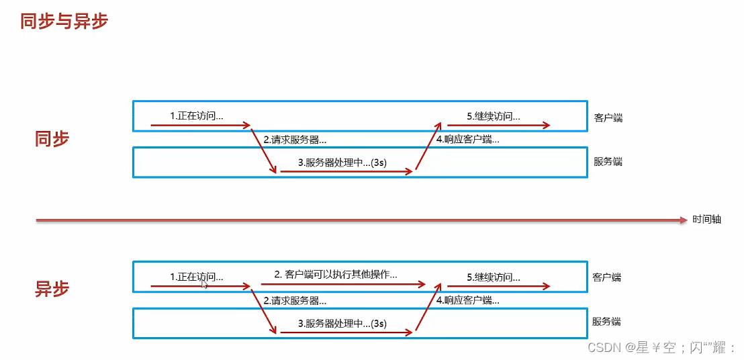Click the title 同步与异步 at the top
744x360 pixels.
[x=64, y=21]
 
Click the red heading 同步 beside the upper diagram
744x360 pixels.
[x=52, y=139]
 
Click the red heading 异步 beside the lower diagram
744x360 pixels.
[x=52, y=289]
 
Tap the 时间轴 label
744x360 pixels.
[x=706, y=220]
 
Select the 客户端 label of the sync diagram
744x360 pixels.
[x=608, y=118]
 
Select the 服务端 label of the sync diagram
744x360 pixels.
[x=608, y=162]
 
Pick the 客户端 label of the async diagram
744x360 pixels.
[x=606, y=277]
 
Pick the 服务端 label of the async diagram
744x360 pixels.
[x=606, y=322]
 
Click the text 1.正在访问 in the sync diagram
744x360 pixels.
[x=196, y=116]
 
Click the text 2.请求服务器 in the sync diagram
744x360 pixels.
[x=295, y=140]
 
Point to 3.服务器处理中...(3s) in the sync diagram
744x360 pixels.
[x=342, y=163]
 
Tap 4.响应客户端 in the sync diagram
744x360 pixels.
[x=467, y=140]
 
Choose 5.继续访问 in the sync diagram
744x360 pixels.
[x=494, y=116]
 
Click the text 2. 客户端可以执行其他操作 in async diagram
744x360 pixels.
[x=336, y=274]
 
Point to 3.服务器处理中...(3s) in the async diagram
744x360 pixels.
[x=342, y=323]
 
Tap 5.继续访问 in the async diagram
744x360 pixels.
[x=494, y=277]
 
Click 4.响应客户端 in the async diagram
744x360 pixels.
[x=467, y=300]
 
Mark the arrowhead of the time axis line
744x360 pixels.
[x=684, y=220]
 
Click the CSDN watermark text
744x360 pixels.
[x=661, y=347]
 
